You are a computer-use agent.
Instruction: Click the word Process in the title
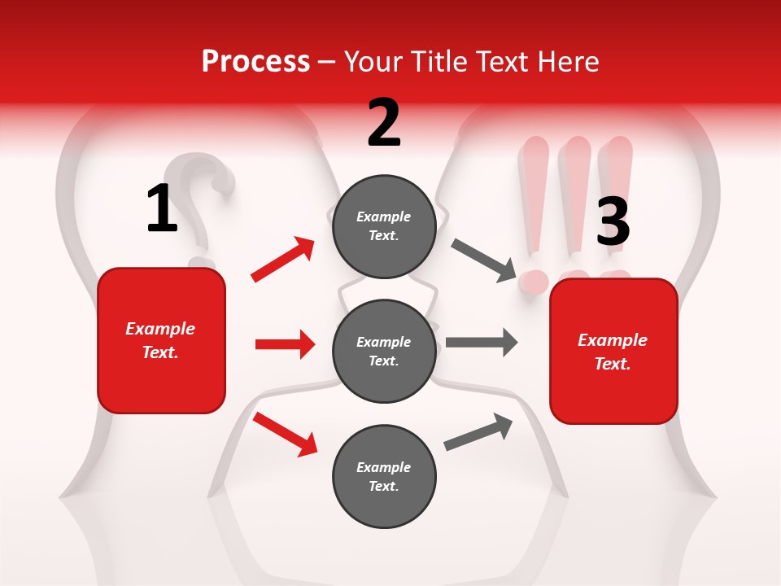coord(255,61)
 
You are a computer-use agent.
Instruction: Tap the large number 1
coord(162,209)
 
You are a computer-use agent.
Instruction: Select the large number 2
coord(384,123)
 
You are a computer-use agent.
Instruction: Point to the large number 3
coord(613,221)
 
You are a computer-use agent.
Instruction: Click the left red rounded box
coord(161,340)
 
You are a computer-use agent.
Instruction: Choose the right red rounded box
coord(613,351)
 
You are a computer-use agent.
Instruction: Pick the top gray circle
coord(384,226)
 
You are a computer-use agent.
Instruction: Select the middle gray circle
coord(384,351)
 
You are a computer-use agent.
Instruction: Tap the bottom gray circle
coord(384,476)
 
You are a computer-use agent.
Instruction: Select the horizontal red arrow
coord(285,344)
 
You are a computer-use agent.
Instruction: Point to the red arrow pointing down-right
coord(285,433)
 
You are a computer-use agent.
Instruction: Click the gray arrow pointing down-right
coord(484,260)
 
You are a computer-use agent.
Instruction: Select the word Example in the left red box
coord(160,329)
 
